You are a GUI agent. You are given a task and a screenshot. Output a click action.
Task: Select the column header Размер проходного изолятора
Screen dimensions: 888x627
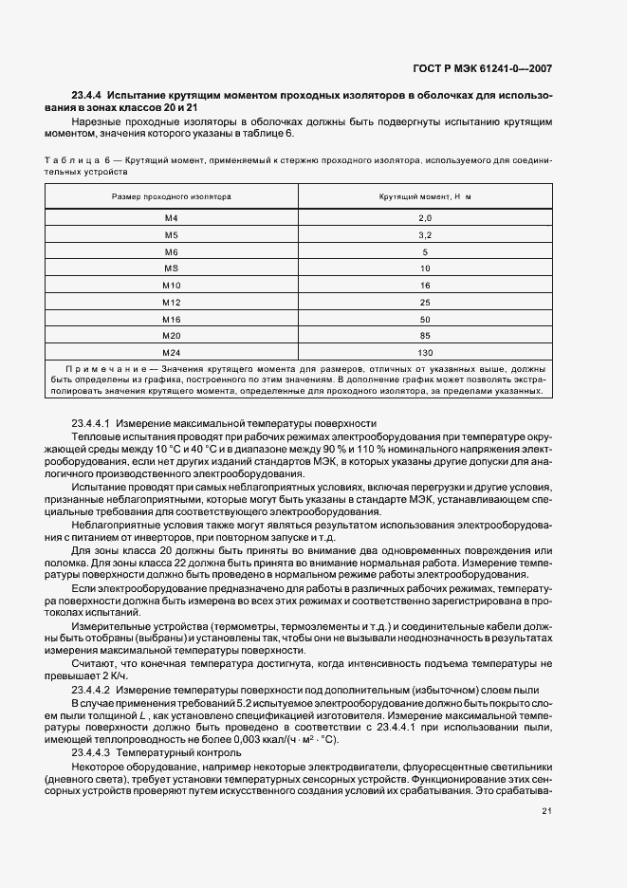point(171,195)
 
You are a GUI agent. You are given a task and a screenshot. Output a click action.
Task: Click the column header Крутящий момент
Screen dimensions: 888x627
point(424,195)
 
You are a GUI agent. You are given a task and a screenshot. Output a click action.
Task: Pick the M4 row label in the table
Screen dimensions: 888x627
point(171,218)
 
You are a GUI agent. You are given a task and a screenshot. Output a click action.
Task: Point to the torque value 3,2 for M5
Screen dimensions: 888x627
point(424,234)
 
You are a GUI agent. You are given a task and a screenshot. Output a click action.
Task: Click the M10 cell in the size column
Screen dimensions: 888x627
point(171,286)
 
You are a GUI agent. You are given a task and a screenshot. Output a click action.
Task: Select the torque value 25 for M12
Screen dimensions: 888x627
point(424,303)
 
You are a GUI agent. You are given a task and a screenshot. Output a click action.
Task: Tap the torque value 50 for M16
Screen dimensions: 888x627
point(424,320)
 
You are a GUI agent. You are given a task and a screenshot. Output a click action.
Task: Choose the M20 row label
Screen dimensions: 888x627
point(171,336)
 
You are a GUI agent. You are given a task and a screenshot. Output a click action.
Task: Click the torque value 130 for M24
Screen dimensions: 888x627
point(424,353)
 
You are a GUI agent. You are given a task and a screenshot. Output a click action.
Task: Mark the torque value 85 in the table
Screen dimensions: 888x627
point(424,336)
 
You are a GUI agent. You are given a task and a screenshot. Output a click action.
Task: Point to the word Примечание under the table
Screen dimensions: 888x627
point(99,368)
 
